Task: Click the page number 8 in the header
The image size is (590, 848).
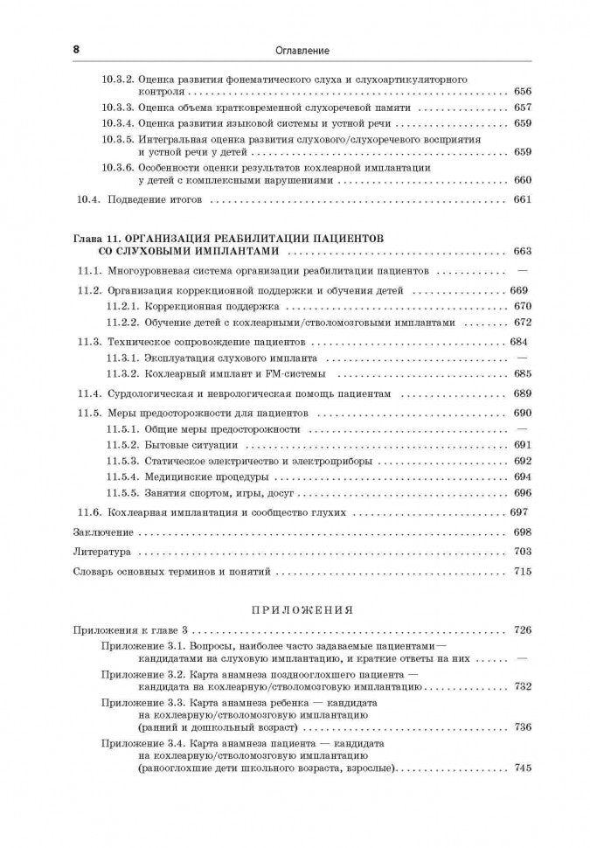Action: [x=76, y=51]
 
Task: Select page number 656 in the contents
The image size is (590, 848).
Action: [x=523, y=91]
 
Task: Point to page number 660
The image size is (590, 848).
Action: [x=523, y=180]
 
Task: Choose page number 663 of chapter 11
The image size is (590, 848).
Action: [x=523, y=251]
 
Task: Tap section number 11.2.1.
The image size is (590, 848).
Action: [x=122, y=307]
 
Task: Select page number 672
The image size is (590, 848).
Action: [x=523, y=323]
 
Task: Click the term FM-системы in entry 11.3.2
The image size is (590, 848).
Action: [x=302, y=374]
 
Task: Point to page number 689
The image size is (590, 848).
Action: [x=523, y=393]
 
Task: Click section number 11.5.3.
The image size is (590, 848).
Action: [x=122, y=461]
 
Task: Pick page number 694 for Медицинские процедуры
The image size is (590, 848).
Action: [x=523, y=477]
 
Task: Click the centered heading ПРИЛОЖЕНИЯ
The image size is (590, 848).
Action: [x=298, y=609]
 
